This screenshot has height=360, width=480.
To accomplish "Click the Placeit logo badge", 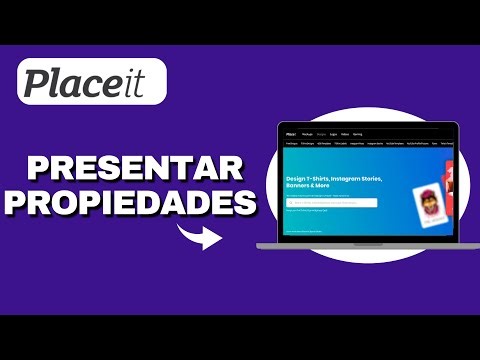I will coord(93,81).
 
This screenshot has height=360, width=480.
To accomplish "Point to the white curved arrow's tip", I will coord(221,241).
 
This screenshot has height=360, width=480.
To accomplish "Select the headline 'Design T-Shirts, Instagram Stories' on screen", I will coord(336,180).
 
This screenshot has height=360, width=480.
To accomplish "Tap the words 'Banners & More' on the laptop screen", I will coord(309,189).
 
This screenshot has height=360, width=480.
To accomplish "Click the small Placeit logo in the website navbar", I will coord(290,132).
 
